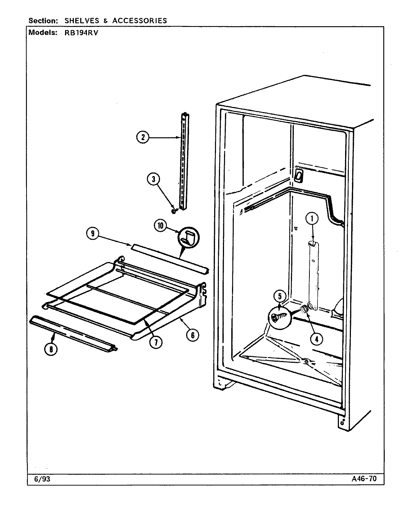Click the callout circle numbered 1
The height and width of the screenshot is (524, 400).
click(312, 219)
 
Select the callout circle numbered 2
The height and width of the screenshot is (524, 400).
click(143, 138)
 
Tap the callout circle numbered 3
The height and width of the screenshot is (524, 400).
click(153, 179)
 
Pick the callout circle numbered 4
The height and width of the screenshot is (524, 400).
click(316, 338)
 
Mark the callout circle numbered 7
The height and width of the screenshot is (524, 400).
click(156, 342)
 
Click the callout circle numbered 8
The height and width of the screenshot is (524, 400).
click(51, 349)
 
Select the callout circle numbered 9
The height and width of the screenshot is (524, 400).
click(93, 234)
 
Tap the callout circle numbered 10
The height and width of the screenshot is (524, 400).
click(160, 226)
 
